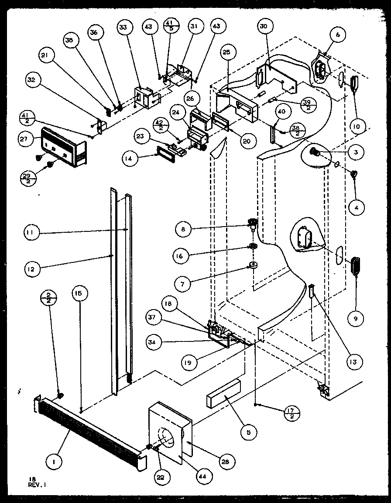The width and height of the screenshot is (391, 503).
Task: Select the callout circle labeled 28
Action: pyautogui.click(x=227, y=461)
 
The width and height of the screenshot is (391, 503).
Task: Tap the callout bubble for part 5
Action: pyautogui.click(x=248, y=432)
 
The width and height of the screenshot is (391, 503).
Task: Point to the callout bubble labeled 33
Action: pyautogui.click(x=123, y=27)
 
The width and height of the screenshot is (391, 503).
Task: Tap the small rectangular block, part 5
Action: pyautogui.click(x=223, y=393)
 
